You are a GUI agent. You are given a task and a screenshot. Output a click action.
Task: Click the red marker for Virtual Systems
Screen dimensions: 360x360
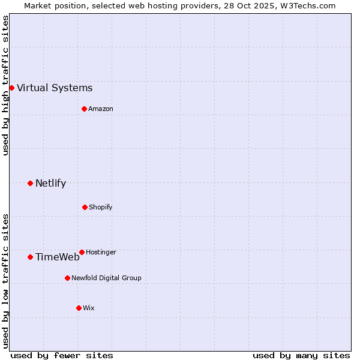(11, 88)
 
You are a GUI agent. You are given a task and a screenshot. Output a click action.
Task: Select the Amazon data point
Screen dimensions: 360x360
(84, 109)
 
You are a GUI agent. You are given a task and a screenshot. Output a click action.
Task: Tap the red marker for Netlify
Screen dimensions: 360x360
(30, 183)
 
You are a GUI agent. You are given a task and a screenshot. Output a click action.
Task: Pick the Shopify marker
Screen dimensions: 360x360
(85, 207)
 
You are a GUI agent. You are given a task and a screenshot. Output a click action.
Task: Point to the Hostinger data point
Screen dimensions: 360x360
(82, 252)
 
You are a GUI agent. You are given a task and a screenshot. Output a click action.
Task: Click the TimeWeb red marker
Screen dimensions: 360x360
(30, 257)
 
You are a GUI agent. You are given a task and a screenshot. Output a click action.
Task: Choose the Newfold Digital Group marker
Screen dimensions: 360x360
(67, 278)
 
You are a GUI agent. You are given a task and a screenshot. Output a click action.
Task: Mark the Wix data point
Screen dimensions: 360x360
(79, 308)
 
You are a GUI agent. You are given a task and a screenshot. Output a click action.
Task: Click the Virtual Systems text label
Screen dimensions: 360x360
(55, 88)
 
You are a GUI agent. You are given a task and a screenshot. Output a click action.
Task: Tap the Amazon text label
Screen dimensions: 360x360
(101, 109)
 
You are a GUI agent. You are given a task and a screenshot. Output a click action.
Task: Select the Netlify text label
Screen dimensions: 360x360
(50, 184)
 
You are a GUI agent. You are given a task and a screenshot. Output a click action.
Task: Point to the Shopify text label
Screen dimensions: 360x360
(101, 207)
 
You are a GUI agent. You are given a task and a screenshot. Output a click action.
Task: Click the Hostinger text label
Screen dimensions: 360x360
(101, 252)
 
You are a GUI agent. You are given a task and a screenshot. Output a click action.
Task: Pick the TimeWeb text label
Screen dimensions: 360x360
(57, 257)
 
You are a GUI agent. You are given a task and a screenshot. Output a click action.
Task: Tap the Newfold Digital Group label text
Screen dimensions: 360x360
(106, 278)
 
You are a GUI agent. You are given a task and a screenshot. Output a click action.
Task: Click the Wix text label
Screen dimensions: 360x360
(89, 308)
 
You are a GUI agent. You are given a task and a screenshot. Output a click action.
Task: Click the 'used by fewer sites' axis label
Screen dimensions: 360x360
(62, 355)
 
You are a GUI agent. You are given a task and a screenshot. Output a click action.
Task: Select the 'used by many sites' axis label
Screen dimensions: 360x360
(301, 355)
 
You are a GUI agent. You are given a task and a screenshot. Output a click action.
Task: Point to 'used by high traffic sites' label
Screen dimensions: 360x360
(5, 85)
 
